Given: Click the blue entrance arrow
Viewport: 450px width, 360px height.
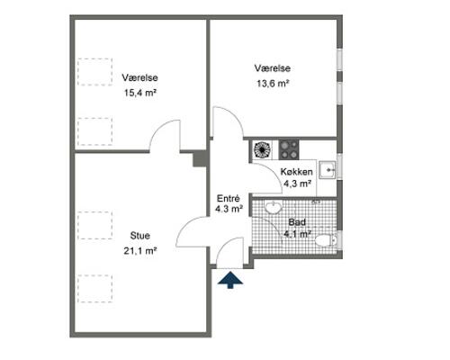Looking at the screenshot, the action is (x=230, y=280).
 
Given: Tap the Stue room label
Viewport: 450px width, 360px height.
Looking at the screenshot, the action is (x=140, y=236).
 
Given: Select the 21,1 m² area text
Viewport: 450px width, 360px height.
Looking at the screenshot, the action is (x=140, y=250).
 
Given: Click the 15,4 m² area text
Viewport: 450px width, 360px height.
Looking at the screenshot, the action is (x=140, y=93).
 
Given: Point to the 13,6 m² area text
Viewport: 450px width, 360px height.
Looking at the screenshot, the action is (x=273, y=83).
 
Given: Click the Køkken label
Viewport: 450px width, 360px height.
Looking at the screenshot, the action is (x=296, y=172).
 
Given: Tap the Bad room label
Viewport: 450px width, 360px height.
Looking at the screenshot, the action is (x=297, y=222).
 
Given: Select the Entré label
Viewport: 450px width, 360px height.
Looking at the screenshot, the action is (x=229, y=199).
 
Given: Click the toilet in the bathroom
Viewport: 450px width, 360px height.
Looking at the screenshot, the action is (x=326, y=240).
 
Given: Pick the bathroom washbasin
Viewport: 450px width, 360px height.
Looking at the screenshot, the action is (x=274, y=207).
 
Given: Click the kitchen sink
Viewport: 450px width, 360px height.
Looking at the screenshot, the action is (x=327, y=170).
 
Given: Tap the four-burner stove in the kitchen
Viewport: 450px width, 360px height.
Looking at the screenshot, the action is (x=289, y=149).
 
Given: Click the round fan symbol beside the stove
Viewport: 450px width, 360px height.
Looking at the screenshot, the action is (x=262, y=149).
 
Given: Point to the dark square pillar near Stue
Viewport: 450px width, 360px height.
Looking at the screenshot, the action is (x=200, y=158).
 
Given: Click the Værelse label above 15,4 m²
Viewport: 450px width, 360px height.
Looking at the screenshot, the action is (x=140, y=77).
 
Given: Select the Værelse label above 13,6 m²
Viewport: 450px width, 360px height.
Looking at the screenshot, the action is (x=273, y=68).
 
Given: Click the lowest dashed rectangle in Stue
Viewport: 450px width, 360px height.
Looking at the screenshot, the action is (x=95, y=289).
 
